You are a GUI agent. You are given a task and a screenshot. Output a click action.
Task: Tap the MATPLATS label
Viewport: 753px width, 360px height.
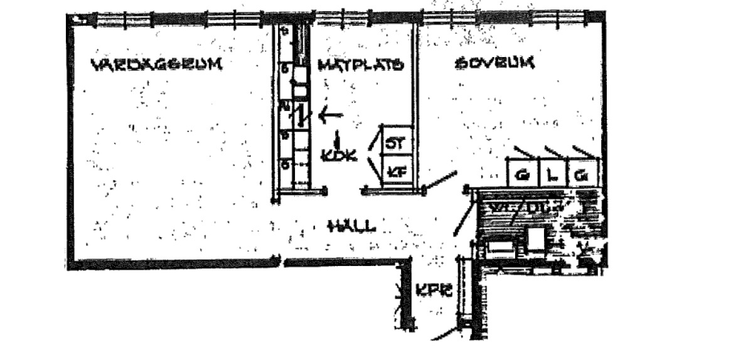click(360, 65)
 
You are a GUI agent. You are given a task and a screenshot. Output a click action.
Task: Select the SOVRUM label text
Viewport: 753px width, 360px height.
click(494, 63)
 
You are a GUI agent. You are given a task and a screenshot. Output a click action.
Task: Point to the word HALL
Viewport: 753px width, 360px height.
click(351, 226)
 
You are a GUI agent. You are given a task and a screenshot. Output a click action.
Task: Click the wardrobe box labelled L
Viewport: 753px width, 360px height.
click(552, 175)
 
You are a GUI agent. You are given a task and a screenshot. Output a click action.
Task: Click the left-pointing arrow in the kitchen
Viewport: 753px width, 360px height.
click(331, 115)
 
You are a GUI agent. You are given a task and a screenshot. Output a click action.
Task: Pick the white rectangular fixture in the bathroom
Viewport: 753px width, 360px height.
click(502, 248)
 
